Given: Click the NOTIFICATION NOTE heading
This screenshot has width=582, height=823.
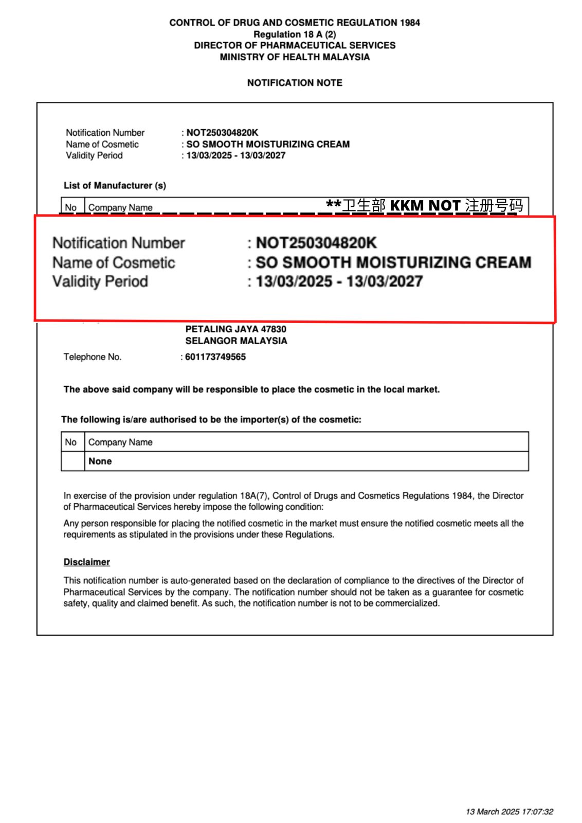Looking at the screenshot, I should coord(295,83).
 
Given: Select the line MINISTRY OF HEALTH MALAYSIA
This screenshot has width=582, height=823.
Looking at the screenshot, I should coord(295,57).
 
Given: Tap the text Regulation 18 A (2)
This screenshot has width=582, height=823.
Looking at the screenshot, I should coord(295,34).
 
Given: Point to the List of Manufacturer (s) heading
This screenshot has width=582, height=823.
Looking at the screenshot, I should coord(115,186).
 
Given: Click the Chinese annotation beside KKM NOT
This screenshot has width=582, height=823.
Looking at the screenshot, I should coord(494,206).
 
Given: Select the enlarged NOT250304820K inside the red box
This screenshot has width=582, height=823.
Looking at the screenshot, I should coord(316,243).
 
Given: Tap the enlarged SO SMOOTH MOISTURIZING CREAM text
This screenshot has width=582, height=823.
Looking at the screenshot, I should coord(393,262).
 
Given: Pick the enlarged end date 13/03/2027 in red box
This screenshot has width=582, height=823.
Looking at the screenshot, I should coord(385,282).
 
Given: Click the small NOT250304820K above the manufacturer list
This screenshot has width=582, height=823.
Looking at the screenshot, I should coord(222,133).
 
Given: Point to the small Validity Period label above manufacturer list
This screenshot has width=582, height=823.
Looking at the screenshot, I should coord(94,155).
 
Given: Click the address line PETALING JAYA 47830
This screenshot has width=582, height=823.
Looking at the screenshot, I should coord(236,329).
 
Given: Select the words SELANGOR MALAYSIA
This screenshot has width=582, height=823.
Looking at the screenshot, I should coord(236,341).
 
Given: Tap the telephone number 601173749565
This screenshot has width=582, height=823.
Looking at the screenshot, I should coord(215,357).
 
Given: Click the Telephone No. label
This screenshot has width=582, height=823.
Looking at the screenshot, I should coord(93,357).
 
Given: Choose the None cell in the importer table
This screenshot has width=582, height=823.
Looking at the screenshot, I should coord(100,461).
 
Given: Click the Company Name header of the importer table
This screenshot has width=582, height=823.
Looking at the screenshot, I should coord(120,442).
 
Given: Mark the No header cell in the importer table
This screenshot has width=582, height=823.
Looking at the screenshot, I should coord(71,442).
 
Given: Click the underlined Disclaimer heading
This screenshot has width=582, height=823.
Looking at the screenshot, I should coord(87,562).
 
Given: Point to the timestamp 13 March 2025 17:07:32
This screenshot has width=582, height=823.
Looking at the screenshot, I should coord(509,812).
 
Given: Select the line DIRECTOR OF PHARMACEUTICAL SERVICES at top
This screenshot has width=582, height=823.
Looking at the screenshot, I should coord(295,46).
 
